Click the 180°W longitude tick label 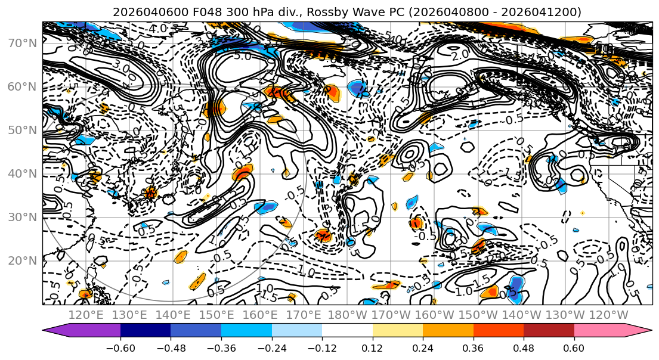click(x=346, y=315)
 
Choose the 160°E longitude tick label click(x=259, y=315)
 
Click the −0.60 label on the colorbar click(x=120, y=347)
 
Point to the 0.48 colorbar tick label click(x=524, y=347)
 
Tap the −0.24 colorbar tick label click(x=271, y=347)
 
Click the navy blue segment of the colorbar click(x=146, y=331)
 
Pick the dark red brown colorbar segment click(x=549, y=331)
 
